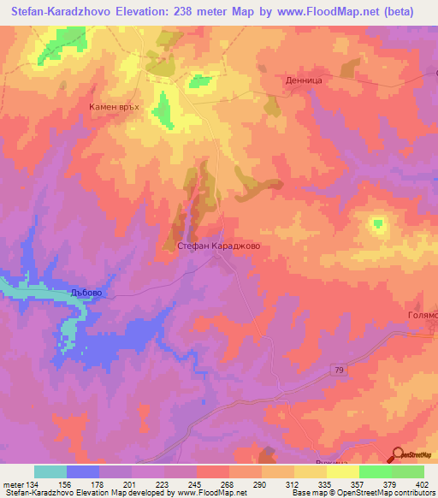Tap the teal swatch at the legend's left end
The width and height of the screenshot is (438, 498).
(x=50, y=471)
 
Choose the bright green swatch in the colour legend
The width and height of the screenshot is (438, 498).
(x=375, y=471)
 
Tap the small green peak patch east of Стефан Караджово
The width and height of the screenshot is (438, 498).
(x=377, y=225)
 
